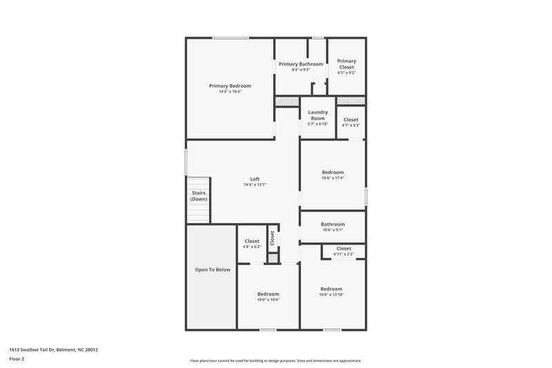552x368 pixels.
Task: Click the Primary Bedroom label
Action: click(230, 86)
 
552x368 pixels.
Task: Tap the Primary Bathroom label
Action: click(301, 64)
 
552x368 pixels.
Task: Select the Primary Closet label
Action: click(346, 64)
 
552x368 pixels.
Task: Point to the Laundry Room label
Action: click(317, 115)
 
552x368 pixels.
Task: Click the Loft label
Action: click(255, 180)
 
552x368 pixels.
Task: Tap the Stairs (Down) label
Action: click(199, 196)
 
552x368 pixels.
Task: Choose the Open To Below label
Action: click(212, 269)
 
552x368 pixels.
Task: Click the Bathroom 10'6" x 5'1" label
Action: click(333, 224)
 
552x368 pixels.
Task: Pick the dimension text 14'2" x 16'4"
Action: click(230, 92)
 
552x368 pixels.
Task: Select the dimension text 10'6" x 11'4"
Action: click(333, 177)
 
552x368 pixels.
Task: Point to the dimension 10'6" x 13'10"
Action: click(331, 295)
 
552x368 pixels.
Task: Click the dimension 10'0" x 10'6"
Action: click(268, 300)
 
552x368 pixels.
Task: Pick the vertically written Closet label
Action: click(273, 238)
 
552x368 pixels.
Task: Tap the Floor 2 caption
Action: click(17, 359)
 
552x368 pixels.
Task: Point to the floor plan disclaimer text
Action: click(276, 360)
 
